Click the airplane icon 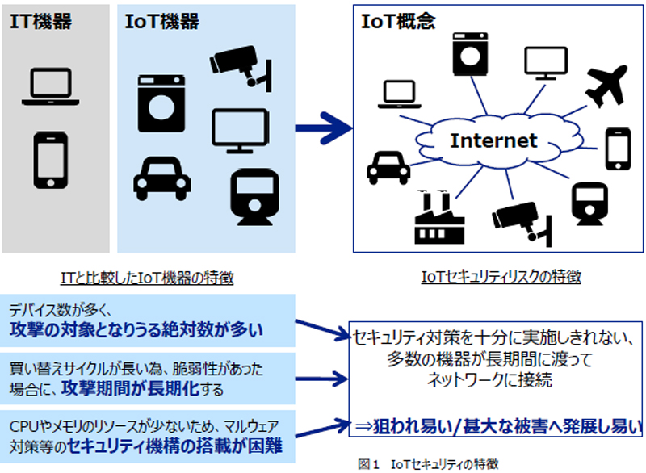tap(606, 86)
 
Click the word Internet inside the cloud tap(493, 140)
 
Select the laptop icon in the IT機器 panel tap(51, 87)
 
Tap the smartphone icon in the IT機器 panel tap(51, 160)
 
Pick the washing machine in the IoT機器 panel tap(161, 103)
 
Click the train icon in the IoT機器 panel tap(254, 197)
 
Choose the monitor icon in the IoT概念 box tap(546, 64)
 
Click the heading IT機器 tap(41, 22)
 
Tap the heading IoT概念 tap(398, 22)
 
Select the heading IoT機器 tap(162, 22)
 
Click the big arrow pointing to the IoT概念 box tap(324, 128)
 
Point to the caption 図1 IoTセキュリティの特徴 tap(428, 464)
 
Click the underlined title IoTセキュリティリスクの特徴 tap(501, 276)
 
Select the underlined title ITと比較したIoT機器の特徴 tap(147, 278)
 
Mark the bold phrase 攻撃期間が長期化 tap(130, 388)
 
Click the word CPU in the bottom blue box tap(23, 426)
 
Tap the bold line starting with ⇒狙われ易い tap(497, 426)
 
